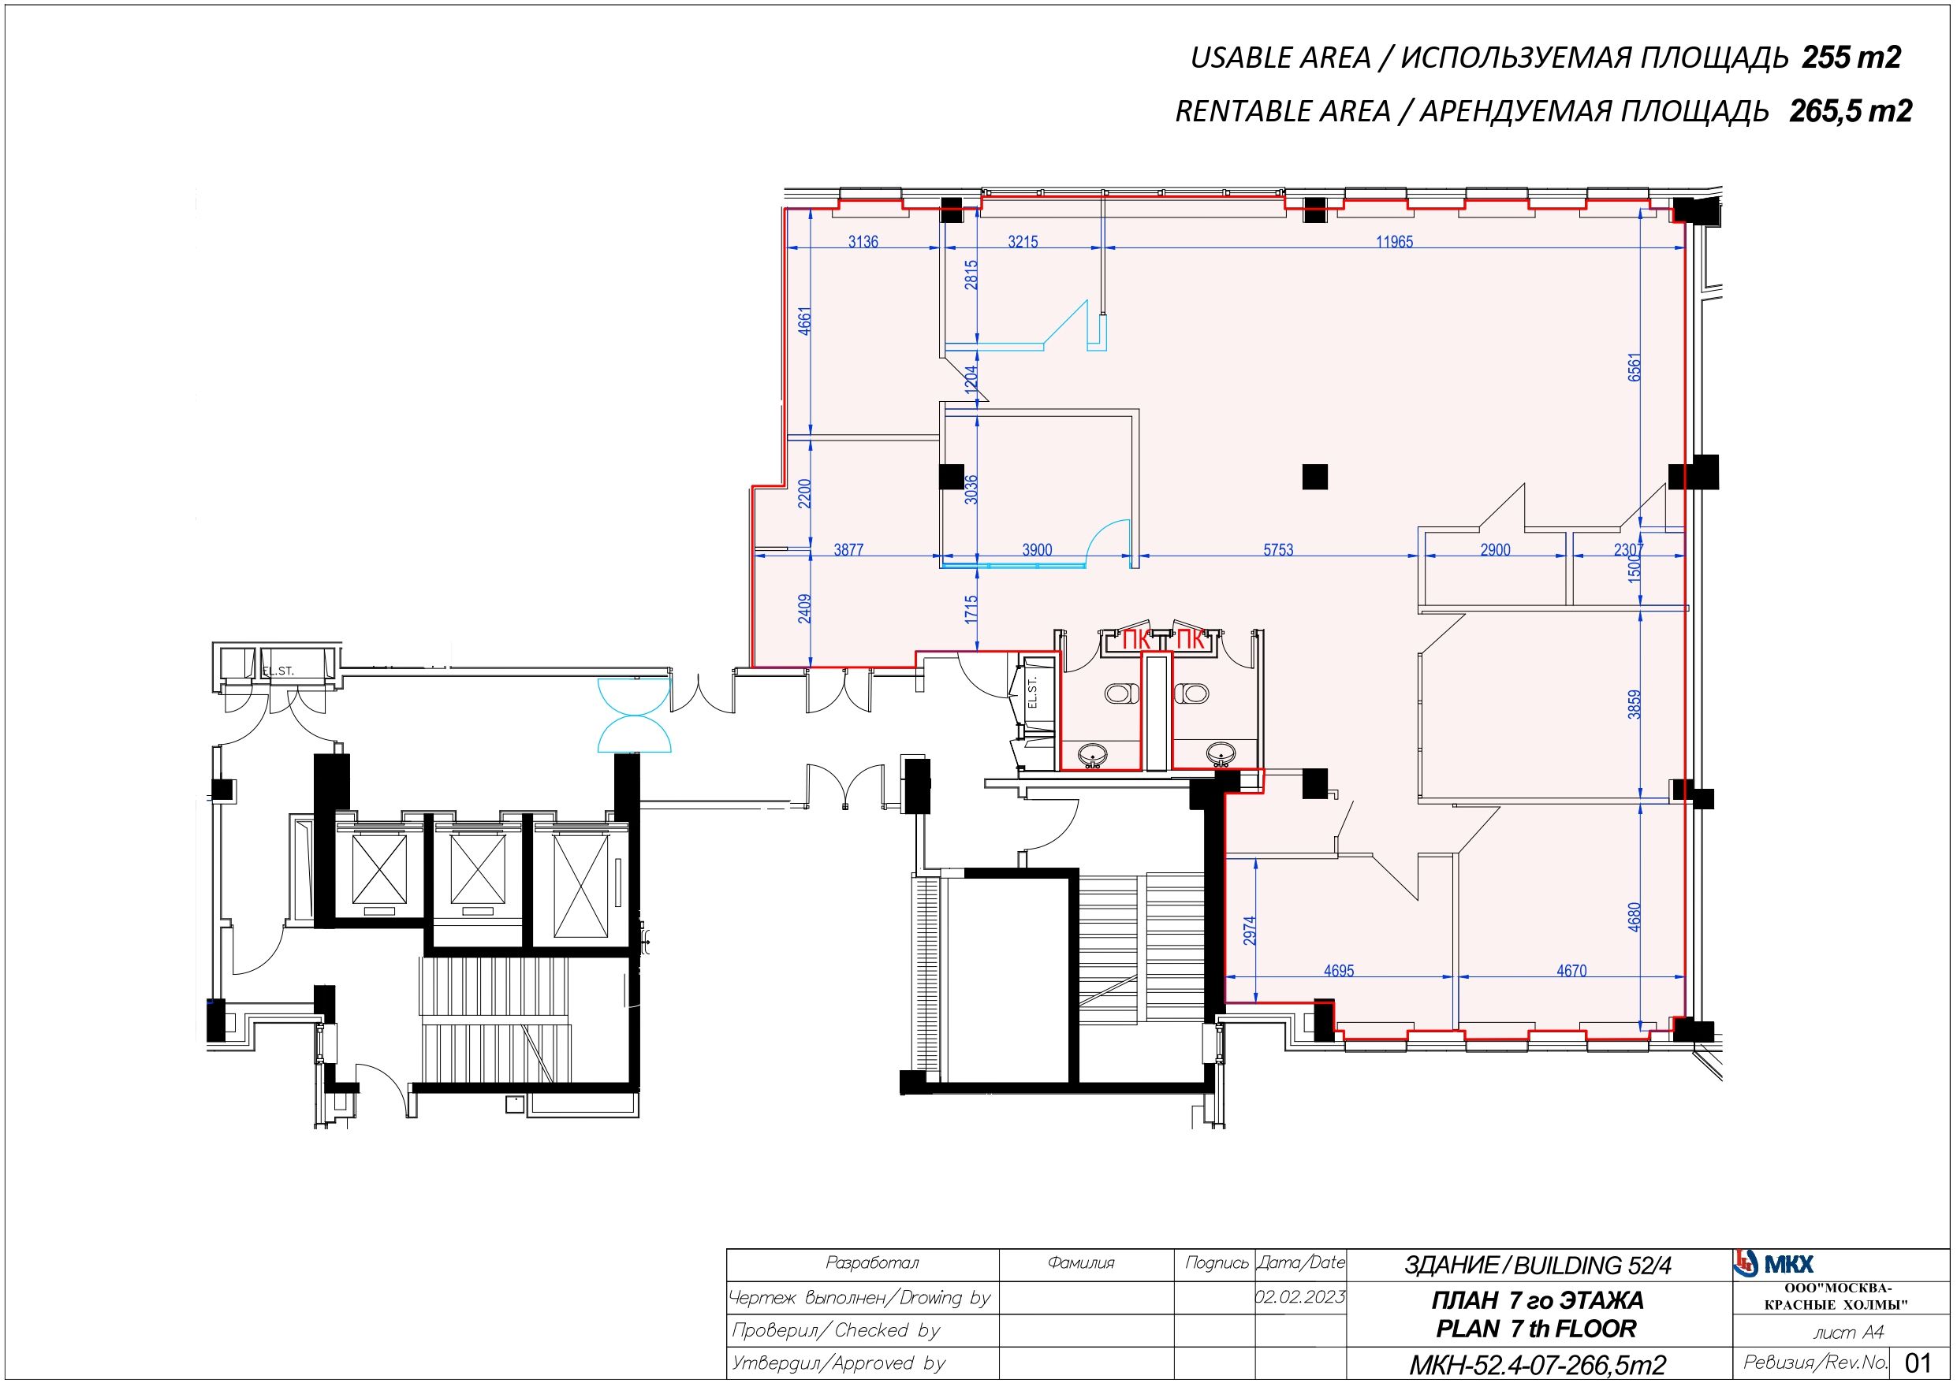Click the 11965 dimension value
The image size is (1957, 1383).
1395,242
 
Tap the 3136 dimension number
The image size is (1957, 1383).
863,242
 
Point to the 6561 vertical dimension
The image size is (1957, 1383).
1634,367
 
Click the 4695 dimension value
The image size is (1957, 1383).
1338,971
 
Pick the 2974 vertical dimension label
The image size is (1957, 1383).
1250,931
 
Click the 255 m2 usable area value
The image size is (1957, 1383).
1851,57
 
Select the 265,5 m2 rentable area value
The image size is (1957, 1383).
1851,111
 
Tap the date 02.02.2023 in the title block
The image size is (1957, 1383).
1300,1297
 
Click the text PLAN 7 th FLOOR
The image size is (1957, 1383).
1537,1329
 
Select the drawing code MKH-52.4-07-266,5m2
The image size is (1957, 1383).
1537,1365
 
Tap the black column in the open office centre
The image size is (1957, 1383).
1315,475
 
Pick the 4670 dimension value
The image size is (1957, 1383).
1571,971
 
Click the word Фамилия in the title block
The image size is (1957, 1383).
1081,1263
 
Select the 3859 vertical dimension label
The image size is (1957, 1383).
1634,705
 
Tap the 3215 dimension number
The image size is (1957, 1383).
1023,242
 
